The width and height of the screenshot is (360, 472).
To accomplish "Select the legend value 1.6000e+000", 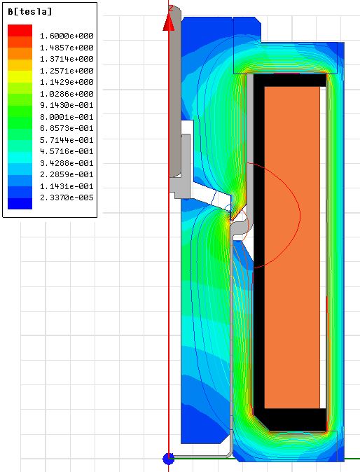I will pos(67,36).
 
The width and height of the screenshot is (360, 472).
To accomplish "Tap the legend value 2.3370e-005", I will pos(67,197).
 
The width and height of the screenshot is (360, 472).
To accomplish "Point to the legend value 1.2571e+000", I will pos(67,71).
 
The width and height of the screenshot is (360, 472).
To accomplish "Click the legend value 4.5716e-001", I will pos(67,151).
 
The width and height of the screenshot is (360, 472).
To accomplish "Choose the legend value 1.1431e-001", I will pos(67,186).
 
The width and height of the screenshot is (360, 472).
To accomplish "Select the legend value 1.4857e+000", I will pos(67,48).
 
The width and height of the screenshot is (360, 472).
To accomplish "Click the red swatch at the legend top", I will pos(20,30).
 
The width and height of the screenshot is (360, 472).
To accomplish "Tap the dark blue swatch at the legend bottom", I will pos(20,203).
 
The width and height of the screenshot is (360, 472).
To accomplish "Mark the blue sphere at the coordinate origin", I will pos(168,458).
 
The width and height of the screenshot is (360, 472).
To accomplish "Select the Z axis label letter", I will pos(171,7).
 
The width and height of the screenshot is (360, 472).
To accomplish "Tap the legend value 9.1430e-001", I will pos(67,105).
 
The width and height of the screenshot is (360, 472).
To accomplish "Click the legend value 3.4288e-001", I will pos(67,163).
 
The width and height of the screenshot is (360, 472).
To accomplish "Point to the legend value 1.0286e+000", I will pos(67,94).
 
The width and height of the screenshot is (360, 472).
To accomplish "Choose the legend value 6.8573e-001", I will pos(67,128).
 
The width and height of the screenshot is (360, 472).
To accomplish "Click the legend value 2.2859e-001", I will pos(67,174).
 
